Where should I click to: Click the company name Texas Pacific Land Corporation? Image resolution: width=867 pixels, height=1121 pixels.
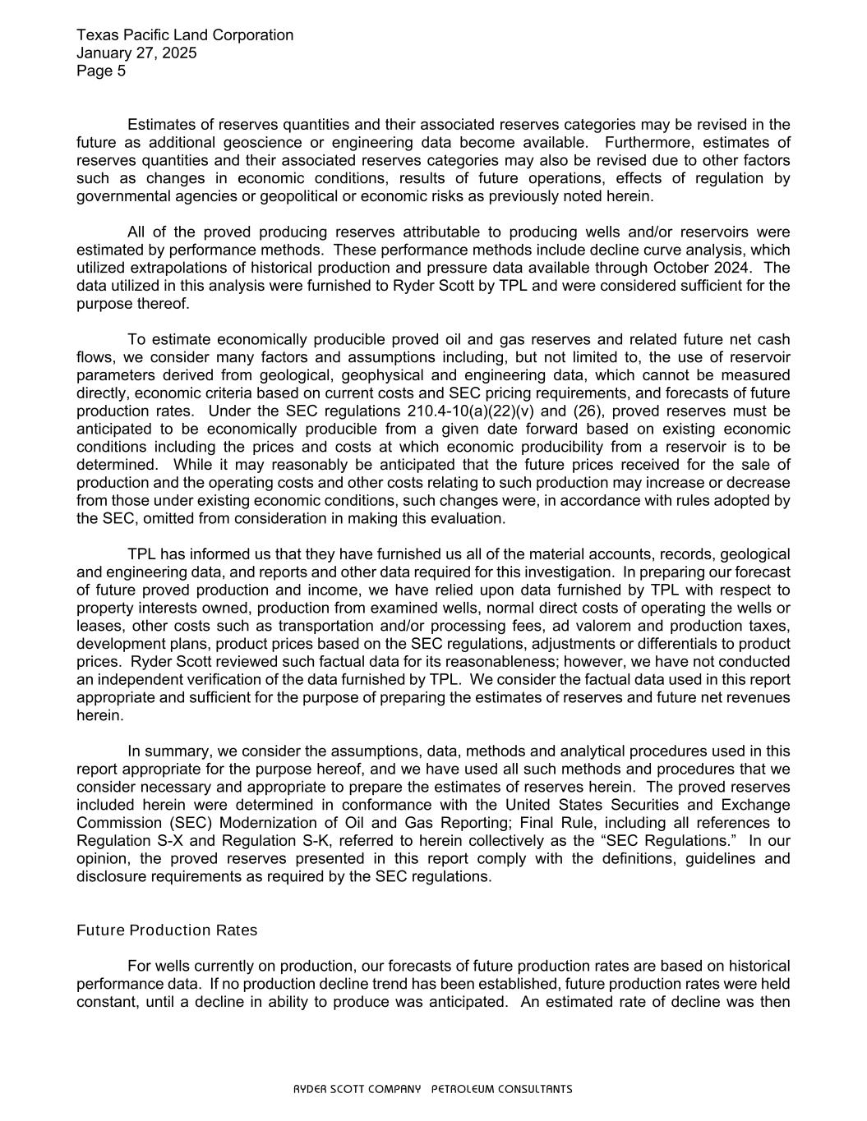[185, 35]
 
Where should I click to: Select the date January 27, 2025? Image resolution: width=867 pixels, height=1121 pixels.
[136, 53]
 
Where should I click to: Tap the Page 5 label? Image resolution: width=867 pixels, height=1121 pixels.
[101, 71]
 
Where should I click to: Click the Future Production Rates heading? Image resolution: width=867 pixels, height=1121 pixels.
[167, 930]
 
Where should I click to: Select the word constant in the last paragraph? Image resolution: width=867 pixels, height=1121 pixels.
[104, 1002]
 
